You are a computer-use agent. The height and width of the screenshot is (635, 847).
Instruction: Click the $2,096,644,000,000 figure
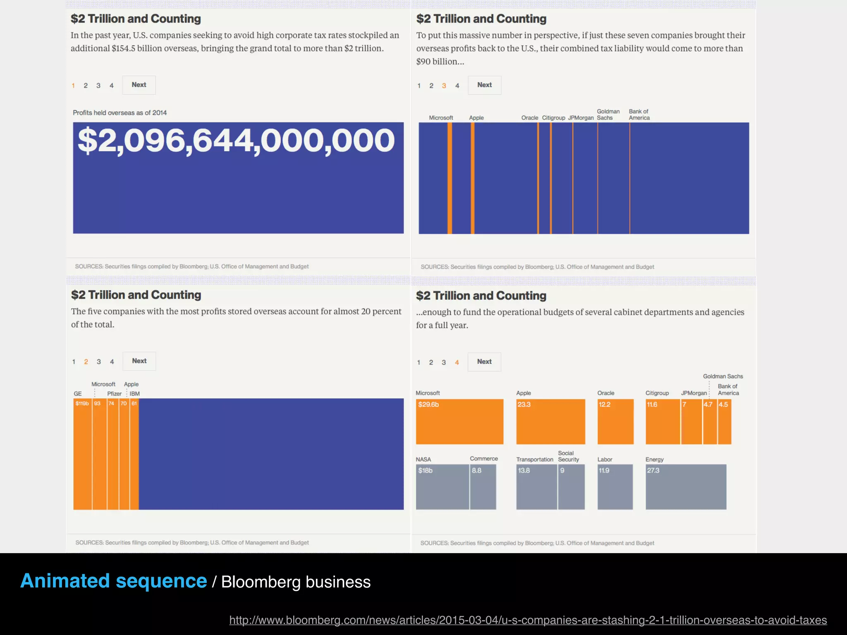coord(236,141)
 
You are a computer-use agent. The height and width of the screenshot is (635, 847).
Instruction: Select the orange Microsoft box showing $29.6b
coord(459,422)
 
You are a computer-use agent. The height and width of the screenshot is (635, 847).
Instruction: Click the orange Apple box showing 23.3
coord(550,422)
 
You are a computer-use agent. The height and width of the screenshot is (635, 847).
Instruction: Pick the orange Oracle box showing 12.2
coord(615,422)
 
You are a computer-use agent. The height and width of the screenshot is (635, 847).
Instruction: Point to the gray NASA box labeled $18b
coord(442,487)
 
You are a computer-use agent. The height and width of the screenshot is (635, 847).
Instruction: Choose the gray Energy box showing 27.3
coord(686,487)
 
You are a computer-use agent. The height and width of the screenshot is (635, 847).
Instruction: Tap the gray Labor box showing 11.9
coord(615,487)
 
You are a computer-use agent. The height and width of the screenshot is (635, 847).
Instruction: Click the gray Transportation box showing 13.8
coord(536,487)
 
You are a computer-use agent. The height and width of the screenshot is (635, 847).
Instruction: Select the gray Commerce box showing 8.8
coord(483,487)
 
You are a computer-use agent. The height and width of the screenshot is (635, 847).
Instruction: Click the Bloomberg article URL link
coord(528,620)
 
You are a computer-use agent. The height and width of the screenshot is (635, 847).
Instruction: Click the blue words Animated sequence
coord(114,581)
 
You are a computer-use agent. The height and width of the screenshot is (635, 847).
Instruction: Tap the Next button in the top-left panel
coord(139,85)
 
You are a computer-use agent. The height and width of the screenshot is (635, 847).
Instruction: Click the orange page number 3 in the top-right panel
coord(444,86)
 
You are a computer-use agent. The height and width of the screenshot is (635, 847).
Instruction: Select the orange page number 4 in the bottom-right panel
coord(457,363)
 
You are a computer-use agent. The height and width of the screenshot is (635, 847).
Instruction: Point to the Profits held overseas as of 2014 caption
coord(120,113)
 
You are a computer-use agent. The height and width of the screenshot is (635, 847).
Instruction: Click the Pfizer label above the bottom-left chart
coord(114,394)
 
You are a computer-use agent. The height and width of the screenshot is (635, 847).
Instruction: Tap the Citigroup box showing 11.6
coord(663,422)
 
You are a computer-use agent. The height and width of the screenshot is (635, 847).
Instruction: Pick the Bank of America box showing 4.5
coord(725,422)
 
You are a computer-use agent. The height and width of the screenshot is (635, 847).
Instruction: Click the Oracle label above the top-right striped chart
coord(530,118)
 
